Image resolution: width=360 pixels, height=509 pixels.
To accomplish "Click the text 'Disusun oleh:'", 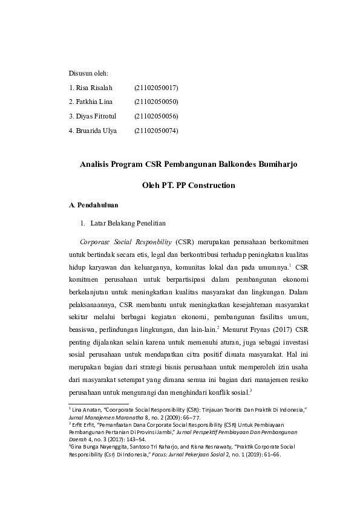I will (88, 73).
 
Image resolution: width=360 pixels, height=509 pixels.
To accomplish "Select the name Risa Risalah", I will (94, 88).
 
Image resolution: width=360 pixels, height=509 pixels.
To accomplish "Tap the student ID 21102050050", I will (156, 102).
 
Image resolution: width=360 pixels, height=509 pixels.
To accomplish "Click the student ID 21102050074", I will (156, 130).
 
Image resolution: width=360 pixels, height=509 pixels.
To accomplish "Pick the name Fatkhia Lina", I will (95, 102).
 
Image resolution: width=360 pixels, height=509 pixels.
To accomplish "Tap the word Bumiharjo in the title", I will (277, 163).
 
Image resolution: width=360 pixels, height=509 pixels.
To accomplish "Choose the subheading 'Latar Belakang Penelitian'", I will (128, 223).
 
